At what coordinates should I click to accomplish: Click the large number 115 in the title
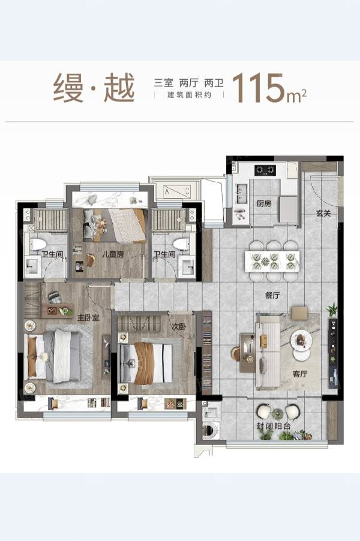pos(259,88)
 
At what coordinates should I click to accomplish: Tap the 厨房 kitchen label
pos(264,203)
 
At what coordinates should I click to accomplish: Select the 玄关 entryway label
pos(323,214)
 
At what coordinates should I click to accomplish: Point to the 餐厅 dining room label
pos(272,295)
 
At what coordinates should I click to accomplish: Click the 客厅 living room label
pos(299,374)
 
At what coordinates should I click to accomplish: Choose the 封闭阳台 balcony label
pos(274,426)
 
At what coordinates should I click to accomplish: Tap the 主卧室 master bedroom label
pos(88,318)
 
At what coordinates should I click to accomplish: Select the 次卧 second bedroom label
pos(179,326)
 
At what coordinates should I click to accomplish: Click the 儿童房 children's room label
pos(112,255)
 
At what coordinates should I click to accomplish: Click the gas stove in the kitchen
pos(265,170)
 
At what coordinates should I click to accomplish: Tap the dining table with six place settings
pos(272,261)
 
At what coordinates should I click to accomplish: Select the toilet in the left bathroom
pos(38,244)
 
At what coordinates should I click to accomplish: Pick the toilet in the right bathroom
pos(181,244)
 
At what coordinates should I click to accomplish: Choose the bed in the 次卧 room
pos(145,363)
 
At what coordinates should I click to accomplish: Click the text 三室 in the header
pos(164,83)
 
